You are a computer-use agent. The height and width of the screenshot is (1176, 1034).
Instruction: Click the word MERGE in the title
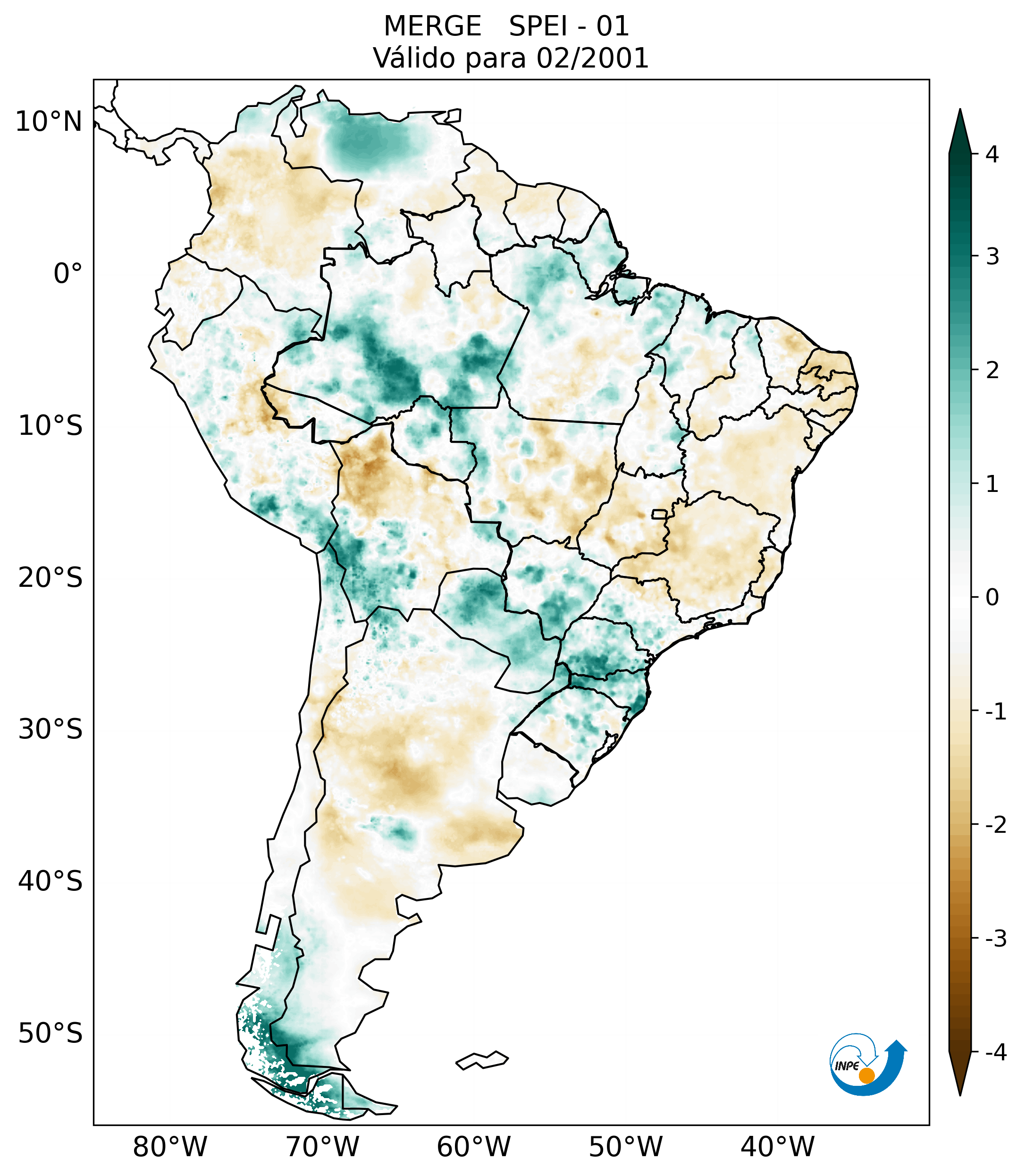click(432, 26)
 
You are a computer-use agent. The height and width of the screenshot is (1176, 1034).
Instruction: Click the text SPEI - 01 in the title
click(569, 26)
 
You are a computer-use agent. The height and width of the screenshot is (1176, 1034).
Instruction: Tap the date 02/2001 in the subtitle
click(592, 58)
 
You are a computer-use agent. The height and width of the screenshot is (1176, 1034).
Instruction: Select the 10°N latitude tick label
click(49, 122)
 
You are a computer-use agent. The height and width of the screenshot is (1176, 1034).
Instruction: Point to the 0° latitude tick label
click(68, 274)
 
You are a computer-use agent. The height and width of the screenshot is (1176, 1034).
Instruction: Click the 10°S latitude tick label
click(50, 426)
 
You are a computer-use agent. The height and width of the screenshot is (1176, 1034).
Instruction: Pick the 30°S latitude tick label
click(50, 729)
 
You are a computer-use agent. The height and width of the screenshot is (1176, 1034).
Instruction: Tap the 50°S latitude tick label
click(50, 1034)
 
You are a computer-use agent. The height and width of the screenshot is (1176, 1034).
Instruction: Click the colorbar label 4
click(992, 154)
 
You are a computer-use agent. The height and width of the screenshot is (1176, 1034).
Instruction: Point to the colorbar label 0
click(992, 598)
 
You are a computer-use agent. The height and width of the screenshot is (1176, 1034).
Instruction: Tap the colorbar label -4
click(995, 1053)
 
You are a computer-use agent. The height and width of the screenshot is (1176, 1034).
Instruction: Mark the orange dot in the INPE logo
click(866, 1075)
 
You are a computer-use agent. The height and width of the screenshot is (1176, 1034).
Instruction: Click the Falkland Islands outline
click(482, 1060)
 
